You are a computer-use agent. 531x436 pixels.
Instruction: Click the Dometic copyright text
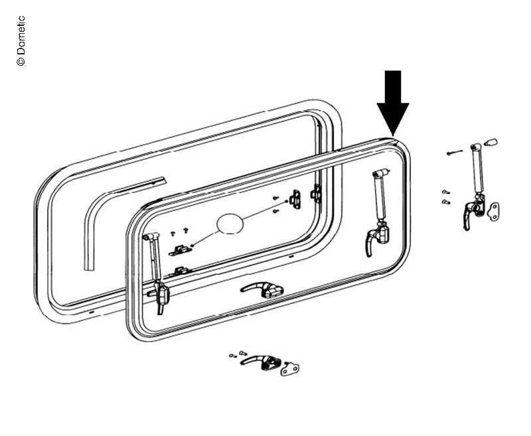[21, 40]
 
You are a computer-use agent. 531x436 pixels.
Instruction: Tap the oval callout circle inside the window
[230, 224]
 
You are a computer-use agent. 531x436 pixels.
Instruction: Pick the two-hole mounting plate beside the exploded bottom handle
[290, 367]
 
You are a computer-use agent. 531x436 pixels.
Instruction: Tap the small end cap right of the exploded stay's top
[492, 141]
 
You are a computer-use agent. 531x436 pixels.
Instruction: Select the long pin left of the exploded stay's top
[455, 153]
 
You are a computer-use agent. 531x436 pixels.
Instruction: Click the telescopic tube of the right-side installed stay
[380, 200]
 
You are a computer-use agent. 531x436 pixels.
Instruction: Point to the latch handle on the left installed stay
[161, 296]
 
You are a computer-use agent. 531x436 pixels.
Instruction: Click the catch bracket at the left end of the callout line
[180, 250]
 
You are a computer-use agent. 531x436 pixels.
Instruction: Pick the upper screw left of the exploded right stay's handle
[445, 192]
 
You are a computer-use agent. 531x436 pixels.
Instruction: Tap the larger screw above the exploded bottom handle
[242, 352]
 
